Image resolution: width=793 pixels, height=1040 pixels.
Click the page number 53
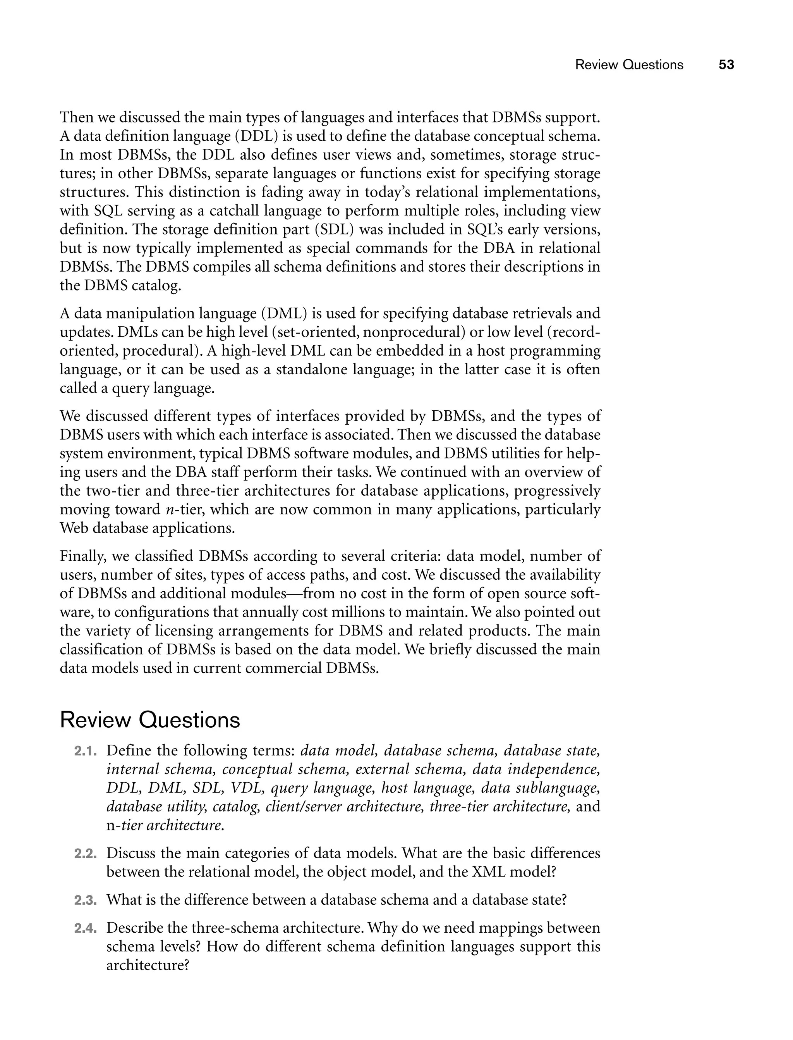(726, 65)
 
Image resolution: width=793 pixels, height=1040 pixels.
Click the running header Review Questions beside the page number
(629, 65)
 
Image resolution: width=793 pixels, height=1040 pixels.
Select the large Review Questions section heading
(150, 720)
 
